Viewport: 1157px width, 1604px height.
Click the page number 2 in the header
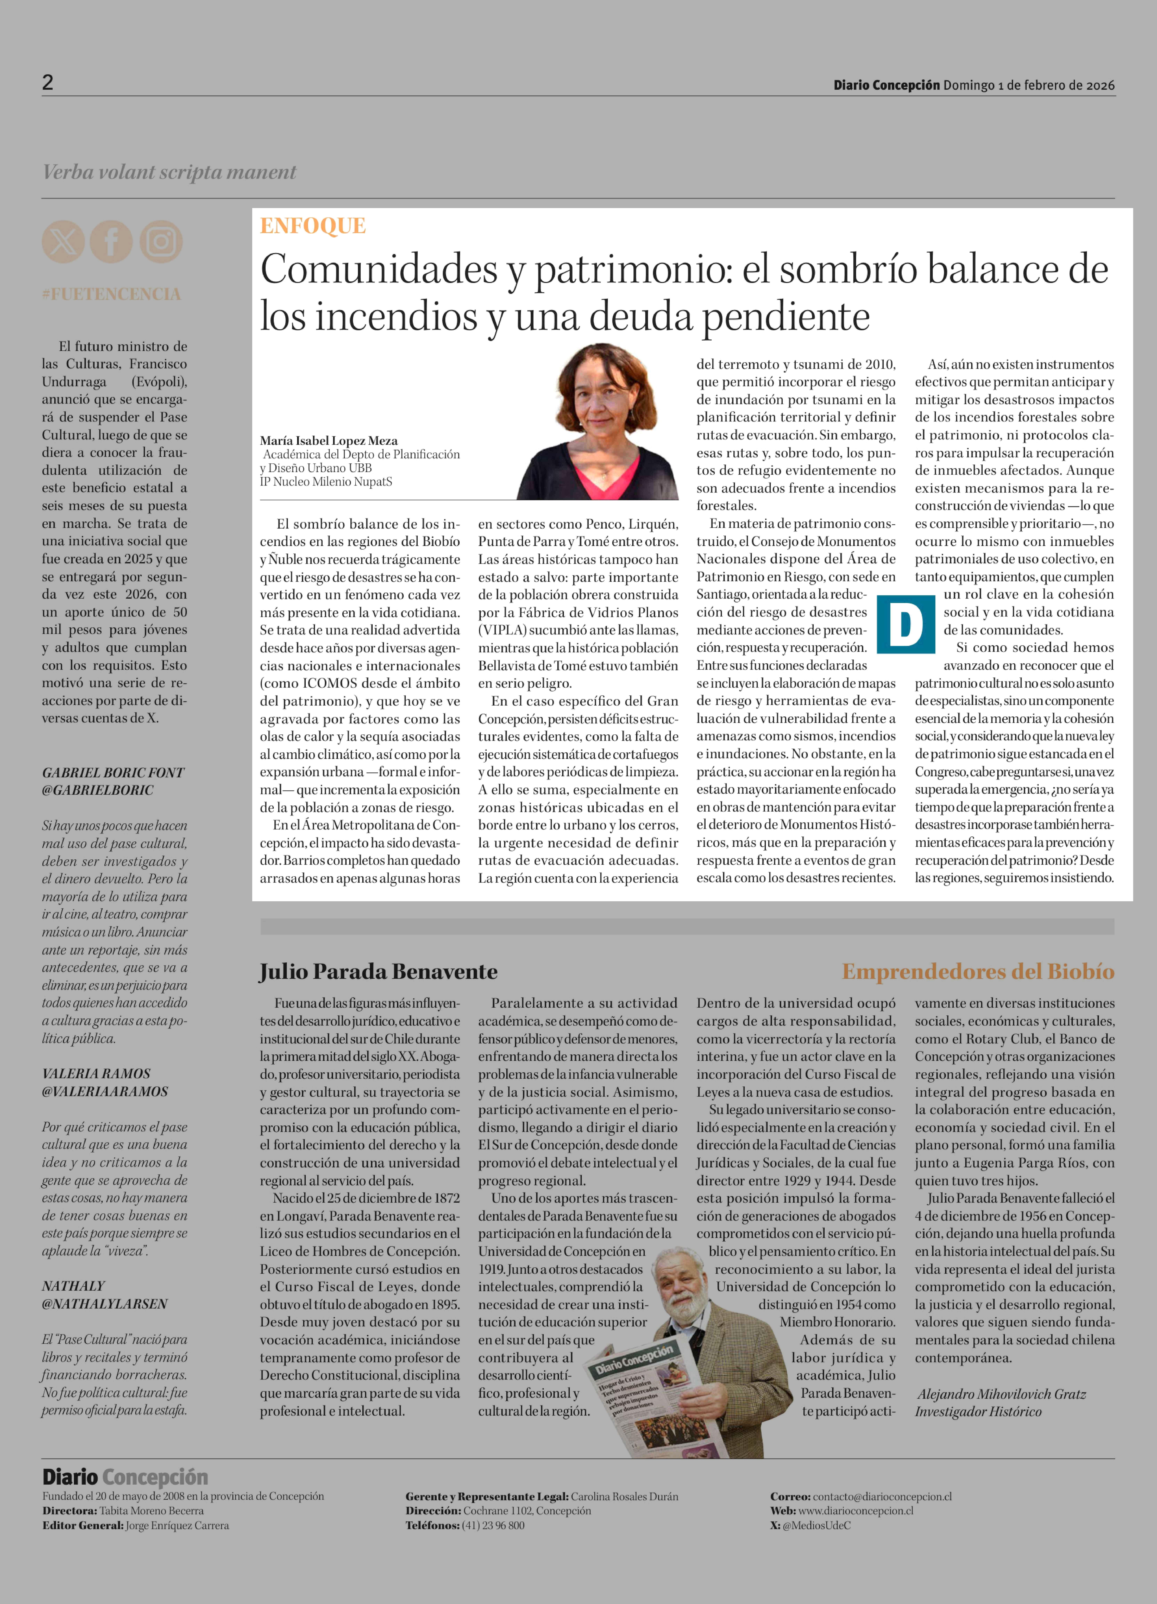click(47, 83)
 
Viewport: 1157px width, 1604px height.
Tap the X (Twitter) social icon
click(63, 242)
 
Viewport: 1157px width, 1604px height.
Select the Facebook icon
click(111, 242)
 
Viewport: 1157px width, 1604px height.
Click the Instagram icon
click(161, 242)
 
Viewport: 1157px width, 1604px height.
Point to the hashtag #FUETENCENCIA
click(111, 294)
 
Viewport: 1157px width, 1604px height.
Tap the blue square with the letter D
click(905, 625)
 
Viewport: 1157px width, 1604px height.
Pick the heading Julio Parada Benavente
click(378, 972)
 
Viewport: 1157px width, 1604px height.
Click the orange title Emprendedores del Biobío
click(977, 972)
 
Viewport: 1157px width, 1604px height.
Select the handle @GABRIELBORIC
click(98, 790)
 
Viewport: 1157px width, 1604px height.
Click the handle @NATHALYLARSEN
click(105, 1303)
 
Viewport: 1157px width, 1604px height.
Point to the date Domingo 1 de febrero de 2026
click(1028, 86)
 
